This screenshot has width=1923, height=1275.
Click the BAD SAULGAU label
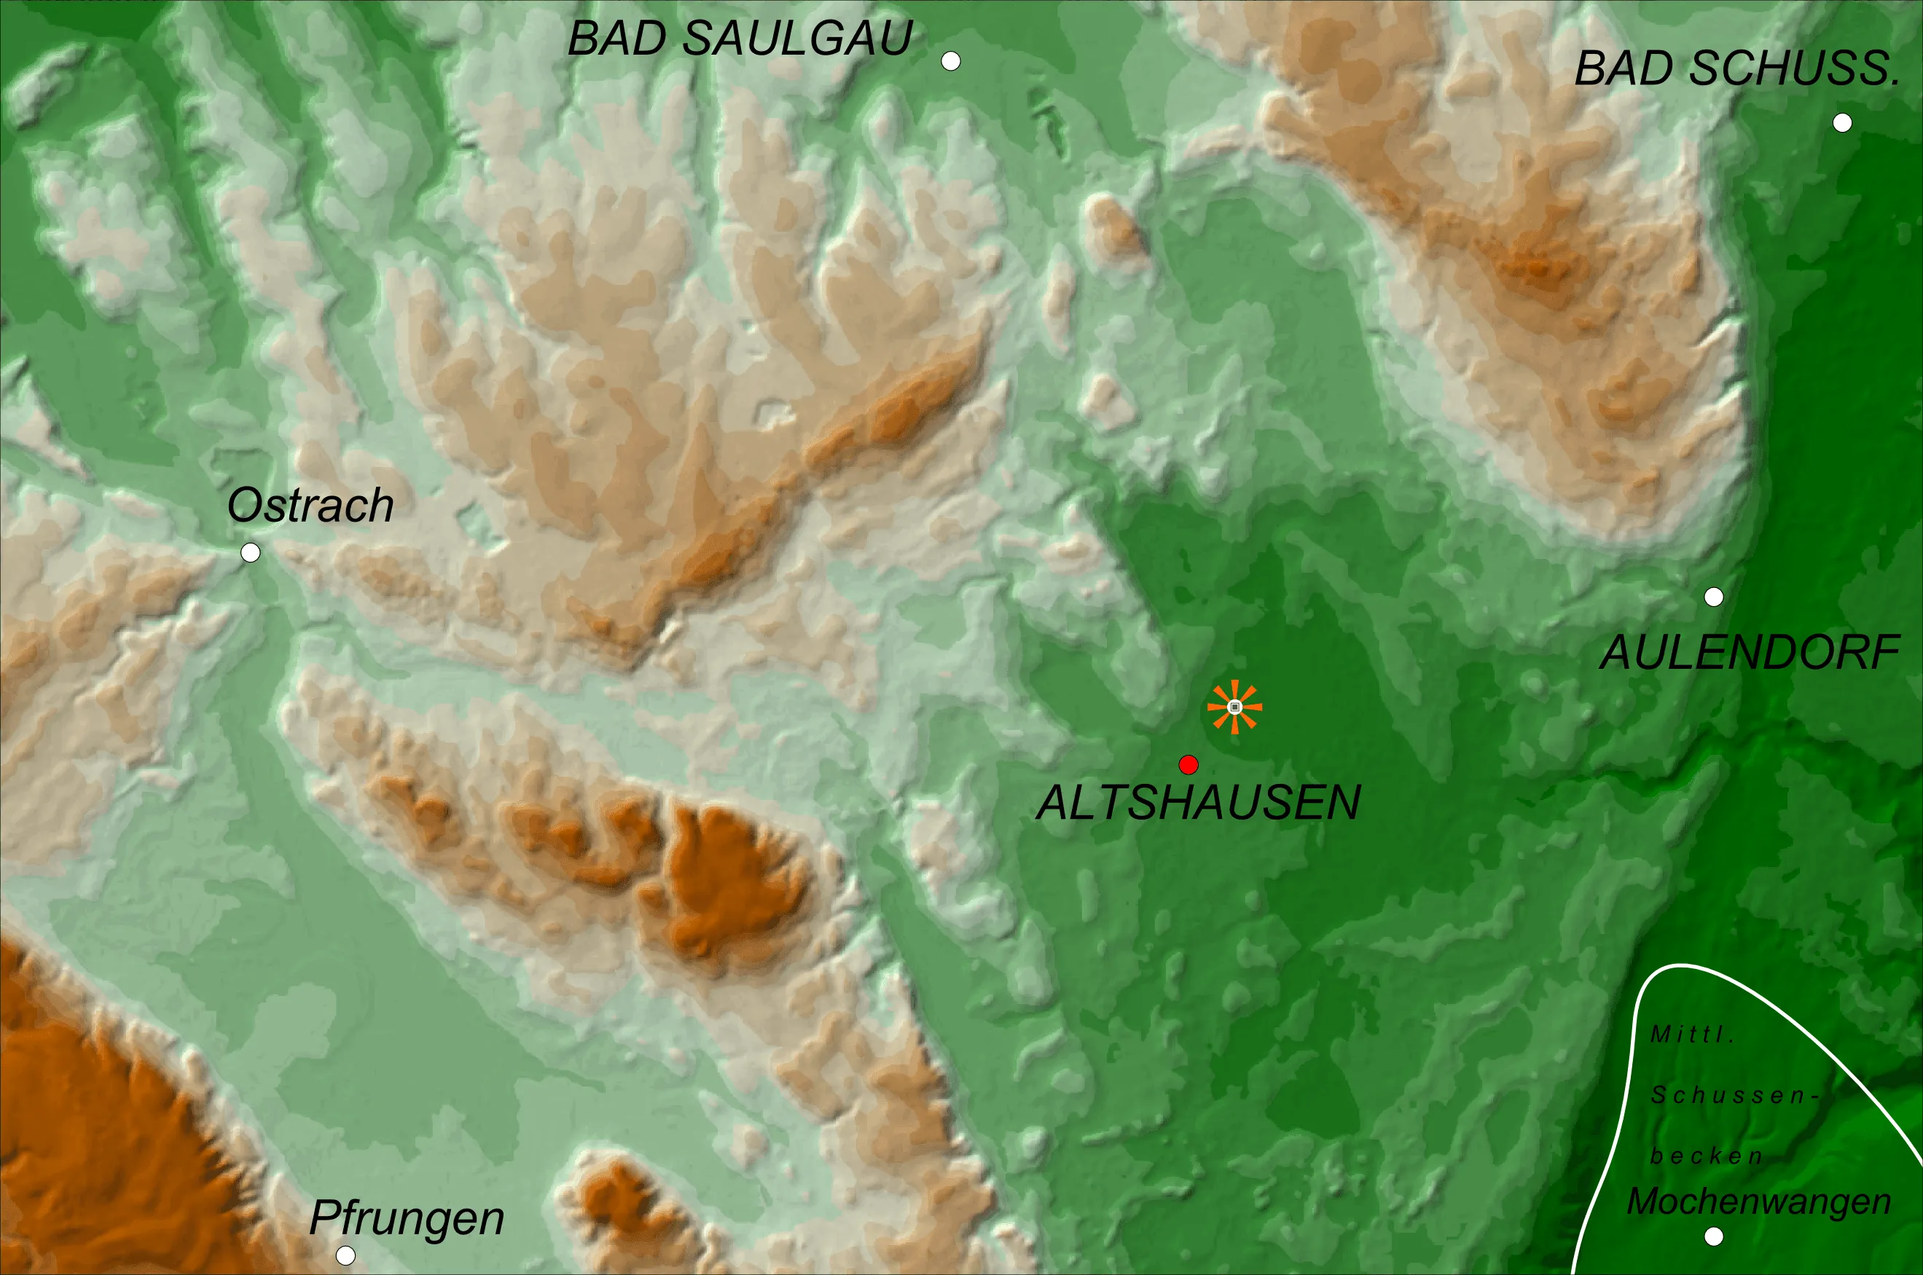tap(740, 38)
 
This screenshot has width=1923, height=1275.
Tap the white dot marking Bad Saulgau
tap(950, 61)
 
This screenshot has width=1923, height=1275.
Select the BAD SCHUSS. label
tap(1738, 68)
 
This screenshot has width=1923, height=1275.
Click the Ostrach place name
tap(310, 506)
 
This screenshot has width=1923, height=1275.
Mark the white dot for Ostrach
tap(251, 553)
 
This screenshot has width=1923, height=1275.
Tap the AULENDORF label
tap(1750, 653)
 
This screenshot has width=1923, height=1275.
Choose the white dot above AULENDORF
tap(1714, 597)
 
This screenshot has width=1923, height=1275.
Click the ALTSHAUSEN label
tap(1199, 804)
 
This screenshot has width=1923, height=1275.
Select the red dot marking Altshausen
tap(1188, 764)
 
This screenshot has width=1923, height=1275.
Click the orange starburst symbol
tap(1234, 707)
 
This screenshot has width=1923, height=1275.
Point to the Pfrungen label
tap(407, 1218)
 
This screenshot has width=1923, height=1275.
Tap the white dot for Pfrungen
tap(345, 1255)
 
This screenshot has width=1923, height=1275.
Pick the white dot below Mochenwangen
tap(1714, 1237)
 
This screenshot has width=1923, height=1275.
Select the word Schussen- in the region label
tap(1734, 1096)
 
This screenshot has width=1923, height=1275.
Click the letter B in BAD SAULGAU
tap(584, 38)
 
